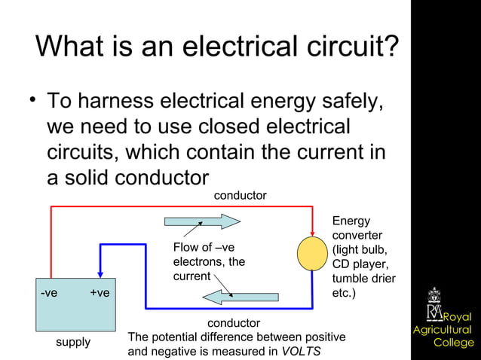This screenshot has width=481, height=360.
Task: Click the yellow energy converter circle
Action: point(311,254)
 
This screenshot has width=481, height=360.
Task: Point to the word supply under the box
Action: point(73,342)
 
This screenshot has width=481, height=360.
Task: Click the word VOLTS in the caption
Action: point(301,352)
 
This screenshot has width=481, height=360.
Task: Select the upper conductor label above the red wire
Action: point(240,196)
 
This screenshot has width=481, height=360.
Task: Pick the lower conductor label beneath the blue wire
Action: point(234,323)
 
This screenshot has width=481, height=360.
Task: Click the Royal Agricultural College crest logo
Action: point(436,304)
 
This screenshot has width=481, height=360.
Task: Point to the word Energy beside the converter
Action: point(351,221)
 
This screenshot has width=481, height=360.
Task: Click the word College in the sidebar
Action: point(454,343)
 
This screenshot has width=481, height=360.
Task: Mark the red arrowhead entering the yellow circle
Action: point(311,230)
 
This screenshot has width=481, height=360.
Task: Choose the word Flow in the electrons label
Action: point(186,248)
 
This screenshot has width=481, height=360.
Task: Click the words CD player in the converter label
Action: point(359,264)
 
